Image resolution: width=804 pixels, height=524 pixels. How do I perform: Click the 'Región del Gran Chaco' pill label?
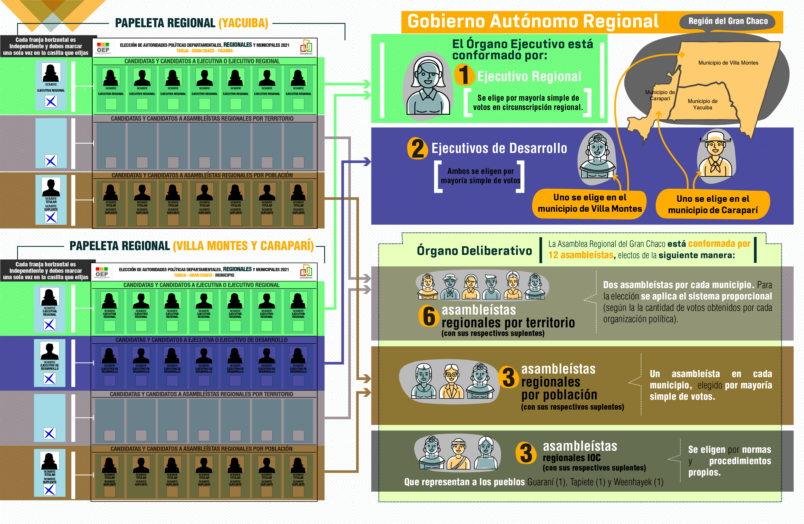point(728,21)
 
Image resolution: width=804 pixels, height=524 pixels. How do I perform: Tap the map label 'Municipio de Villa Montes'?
point(728,63)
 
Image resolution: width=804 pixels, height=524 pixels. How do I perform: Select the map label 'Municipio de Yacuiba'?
point(702,104)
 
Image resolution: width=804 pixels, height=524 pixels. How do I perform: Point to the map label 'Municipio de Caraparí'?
point(660,95)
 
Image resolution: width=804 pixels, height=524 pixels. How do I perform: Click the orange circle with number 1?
point(464,75)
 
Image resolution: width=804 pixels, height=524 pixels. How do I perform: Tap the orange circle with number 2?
point(417,148)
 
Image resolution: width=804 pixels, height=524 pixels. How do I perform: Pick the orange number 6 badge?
point(429,316)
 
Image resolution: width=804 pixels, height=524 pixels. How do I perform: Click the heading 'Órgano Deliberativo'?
point(474,251)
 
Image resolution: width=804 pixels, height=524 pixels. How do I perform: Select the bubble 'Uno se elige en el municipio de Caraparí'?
point(713,205)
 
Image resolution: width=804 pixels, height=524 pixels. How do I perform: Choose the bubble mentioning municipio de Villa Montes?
point(589,203)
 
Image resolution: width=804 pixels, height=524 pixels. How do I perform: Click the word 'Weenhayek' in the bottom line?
point(632,482)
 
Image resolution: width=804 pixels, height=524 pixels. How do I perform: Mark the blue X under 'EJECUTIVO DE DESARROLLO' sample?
point(50,379)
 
